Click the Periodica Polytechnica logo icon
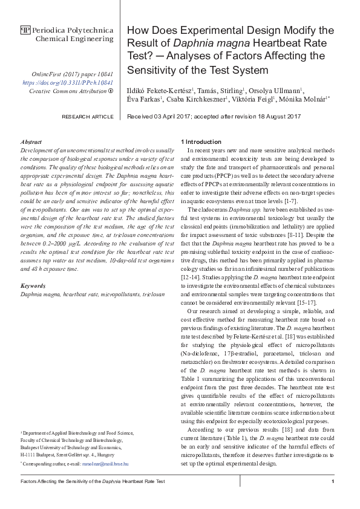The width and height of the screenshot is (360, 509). point(25,30)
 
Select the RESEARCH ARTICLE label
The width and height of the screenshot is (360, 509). point(88,117)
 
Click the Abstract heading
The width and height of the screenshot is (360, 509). point(31,140)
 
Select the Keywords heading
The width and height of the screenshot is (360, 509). point(33,285)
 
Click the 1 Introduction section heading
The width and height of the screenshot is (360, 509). point(201,141)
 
